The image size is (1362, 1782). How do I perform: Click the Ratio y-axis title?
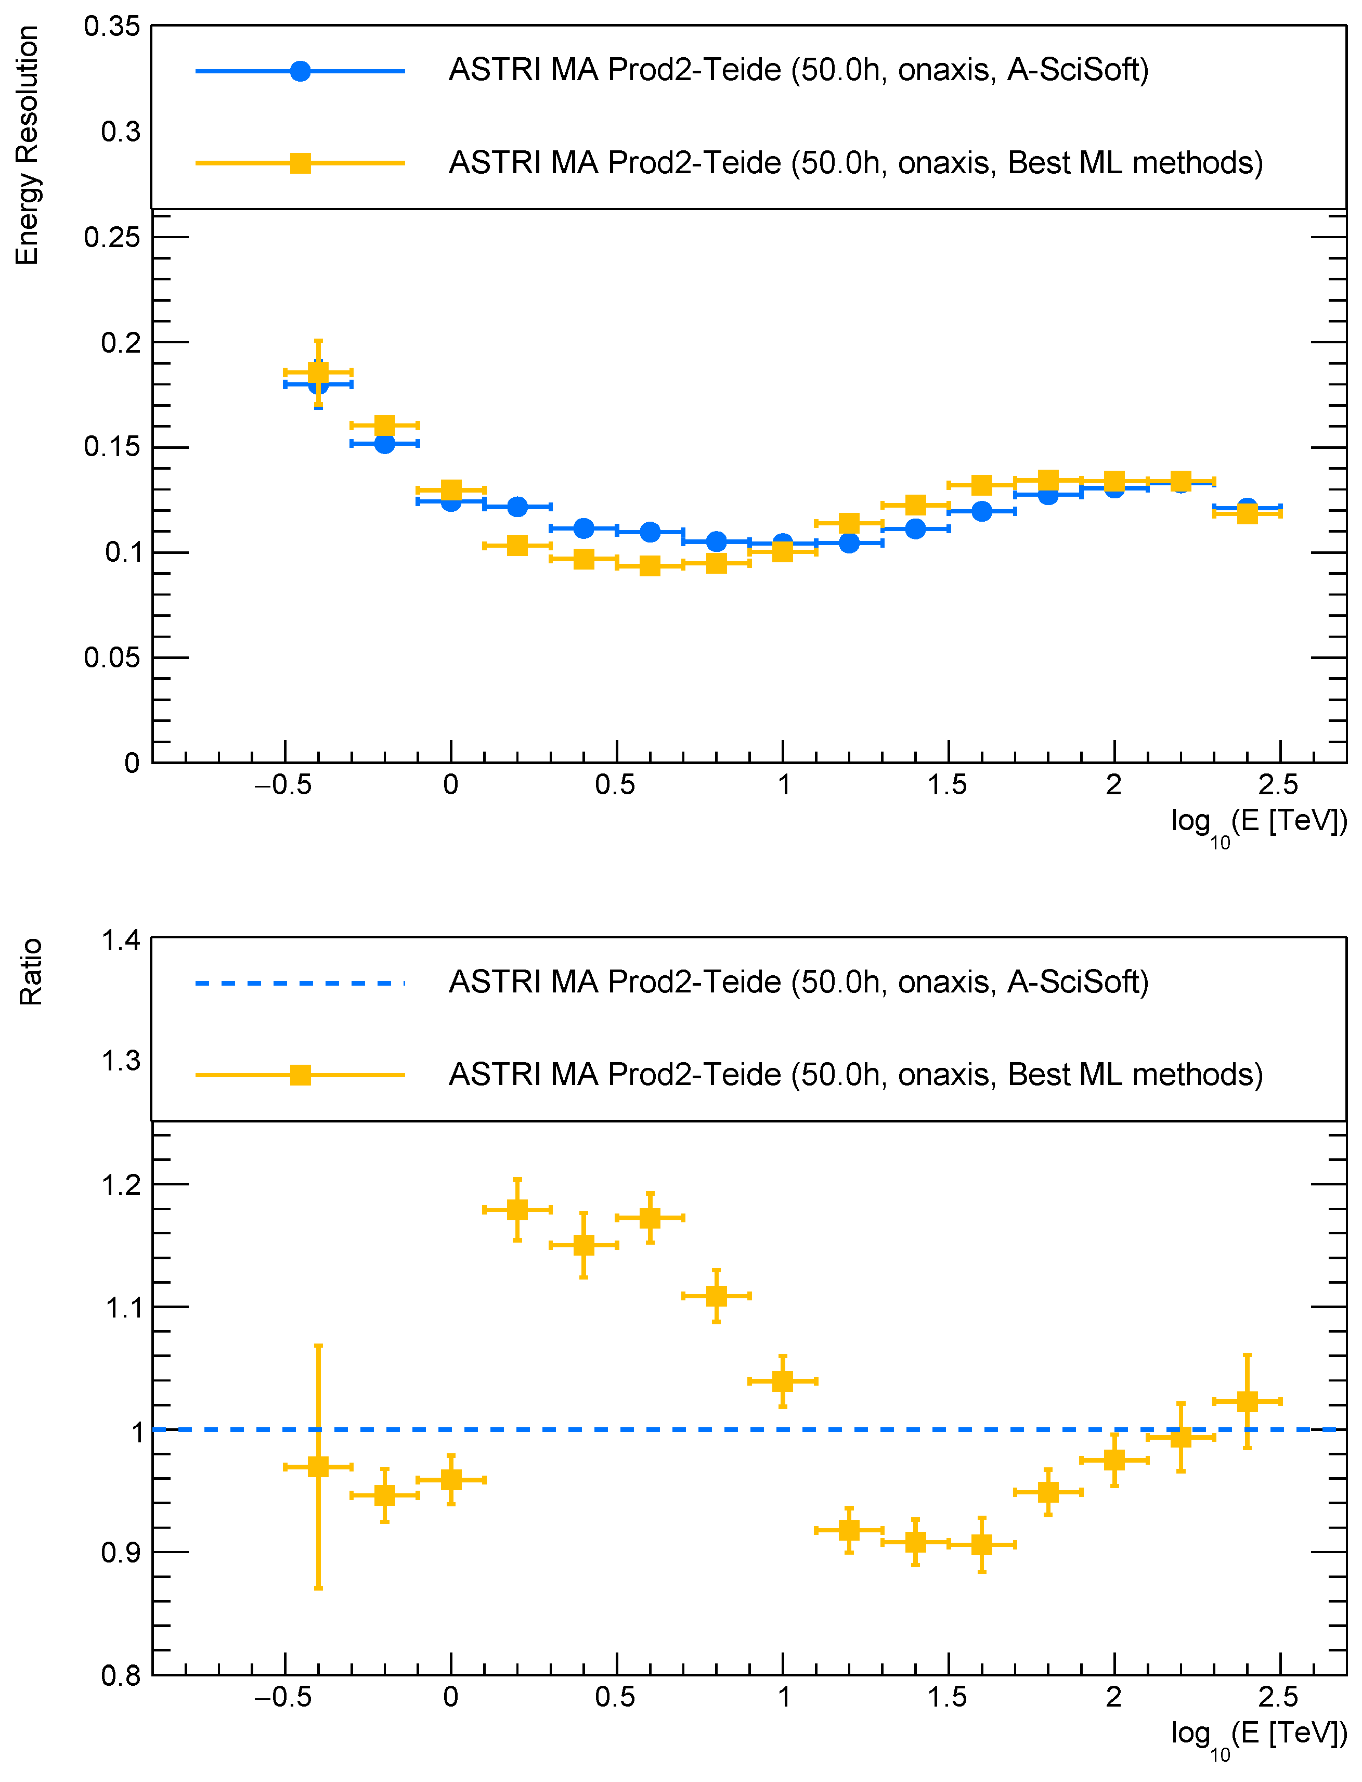point(30,972)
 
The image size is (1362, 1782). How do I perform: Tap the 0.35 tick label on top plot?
point(112,26)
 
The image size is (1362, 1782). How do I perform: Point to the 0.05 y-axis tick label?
point(112,657)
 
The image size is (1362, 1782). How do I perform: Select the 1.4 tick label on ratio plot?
point(120,940)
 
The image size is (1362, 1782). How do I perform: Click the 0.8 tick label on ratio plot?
point(120,1676)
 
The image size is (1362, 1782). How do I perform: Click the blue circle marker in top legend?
point(300,71)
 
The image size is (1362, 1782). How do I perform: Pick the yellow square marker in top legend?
point(300,163)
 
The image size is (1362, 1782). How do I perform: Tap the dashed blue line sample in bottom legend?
point(300,984)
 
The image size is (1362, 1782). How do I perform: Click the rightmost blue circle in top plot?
point(1247,507)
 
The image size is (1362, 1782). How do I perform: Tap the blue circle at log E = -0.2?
point(384,444)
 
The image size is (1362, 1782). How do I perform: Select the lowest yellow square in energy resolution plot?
point(650,565)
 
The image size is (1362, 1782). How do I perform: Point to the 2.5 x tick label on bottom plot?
point(1278,1697)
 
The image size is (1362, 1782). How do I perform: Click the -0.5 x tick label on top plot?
point(283,785)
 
